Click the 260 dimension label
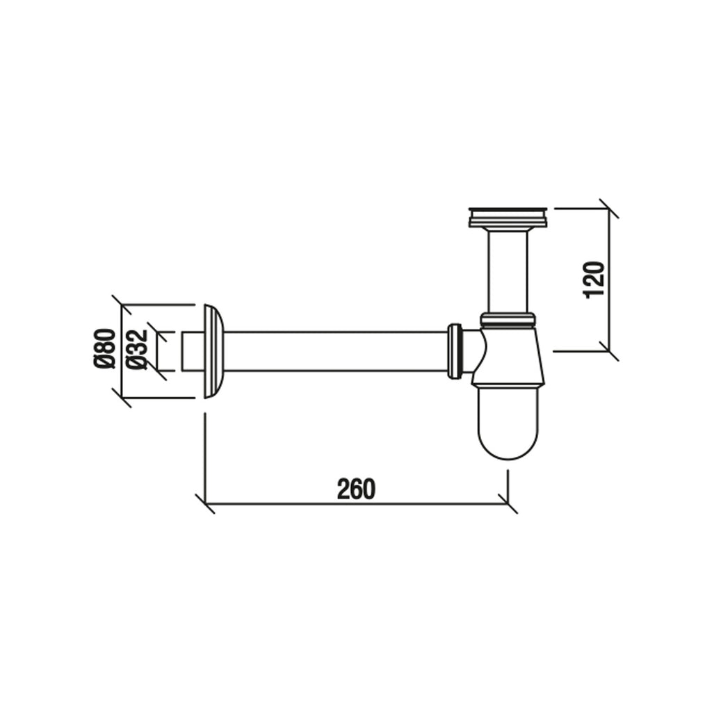click(x=355, y=489)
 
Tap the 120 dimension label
click(x=596, y=279)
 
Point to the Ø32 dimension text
click(x=138, y=350)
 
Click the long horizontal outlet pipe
click(x=334, y=352)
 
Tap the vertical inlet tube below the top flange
click(x=508, y=271)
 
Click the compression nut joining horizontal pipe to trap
click(x=455, y=352)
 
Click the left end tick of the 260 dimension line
click(x=205, y=503)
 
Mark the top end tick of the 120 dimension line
click(x=608, y=208)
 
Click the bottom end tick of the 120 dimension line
click(x=608, y=351)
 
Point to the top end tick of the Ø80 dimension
click(x=122, y=305)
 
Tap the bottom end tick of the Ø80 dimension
click(x=122, y=398)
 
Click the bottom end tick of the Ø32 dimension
click(x=157, y=371)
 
